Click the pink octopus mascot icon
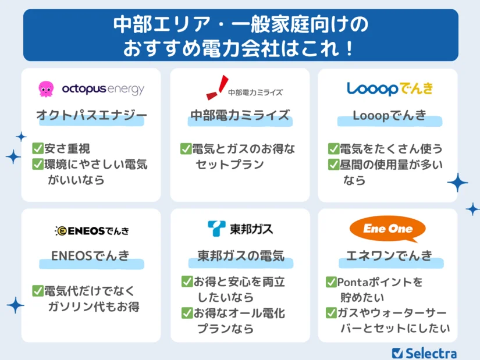46,89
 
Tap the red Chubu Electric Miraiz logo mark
218,88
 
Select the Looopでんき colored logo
390,89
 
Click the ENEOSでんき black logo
92,231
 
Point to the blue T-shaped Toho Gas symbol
216,229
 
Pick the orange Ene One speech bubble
388,229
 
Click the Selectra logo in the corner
424,353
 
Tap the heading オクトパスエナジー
91,115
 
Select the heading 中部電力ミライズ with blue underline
240,115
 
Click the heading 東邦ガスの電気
241,256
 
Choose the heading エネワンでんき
389,255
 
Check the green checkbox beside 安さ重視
38,148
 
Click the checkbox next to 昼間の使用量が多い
334,165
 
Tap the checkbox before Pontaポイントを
331,281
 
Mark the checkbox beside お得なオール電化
187,313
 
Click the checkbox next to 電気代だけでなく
38,291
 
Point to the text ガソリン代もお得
94,306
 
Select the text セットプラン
230,165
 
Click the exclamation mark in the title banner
349,48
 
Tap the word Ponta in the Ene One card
352,282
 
